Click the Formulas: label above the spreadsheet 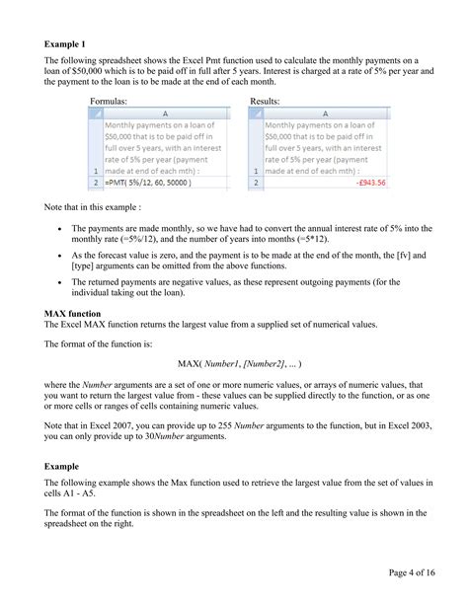(112, 102)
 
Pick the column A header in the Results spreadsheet (325, 113)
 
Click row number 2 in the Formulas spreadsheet (95, 183)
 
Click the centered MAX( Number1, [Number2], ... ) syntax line (233, 364)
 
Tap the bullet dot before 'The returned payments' (61, 283)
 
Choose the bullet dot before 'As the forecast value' (61, 255)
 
